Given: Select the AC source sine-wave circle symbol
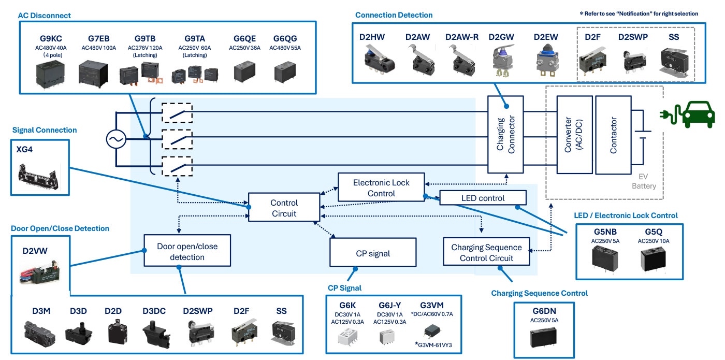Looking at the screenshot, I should [116, 139].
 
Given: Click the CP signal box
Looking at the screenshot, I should [373, 253].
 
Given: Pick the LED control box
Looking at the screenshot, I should [483, 198].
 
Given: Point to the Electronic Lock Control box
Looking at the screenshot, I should [381, 188].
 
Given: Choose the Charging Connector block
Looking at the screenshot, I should [505, 135].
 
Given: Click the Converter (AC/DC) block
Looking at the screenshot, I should [574, 135].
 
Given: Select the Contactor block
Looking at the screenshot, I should [613, 135].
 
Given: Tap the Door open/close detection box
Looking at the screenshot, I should [187, 252].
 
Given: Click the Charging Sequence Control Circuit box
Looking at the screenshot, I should [486, 252].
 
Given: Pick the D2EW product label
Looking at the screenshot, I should [546, 37].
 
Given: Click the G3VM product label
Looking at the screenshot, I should [432, 305].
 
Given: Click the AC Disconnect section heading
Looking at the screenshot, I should [45, 16].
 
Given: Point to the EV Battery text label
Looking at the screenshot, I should [644, 182].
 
